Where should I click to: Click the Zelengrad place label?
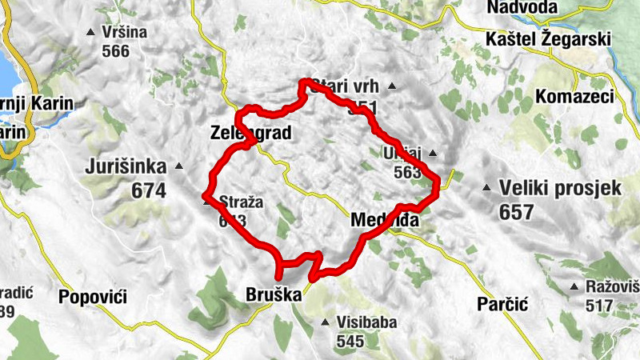[x=248, y=132]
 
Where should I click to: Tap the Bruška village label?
[x=275, y=296]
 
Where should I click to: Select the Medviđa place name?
[x=385, y=218]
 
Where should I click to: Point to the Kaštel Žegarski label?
[x=548, y=39]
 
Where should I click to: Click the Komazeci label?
[x=574, y=97]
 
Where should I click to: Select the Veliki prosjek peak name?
[x=560, y=190]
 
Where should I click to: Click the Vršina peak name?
[x=125, y=33]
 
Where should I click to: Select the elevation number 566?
[x=116, y=51]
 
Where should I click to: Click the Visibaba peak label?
[x=365, y=323]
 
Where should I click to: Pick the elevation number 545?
[x=350, y=342]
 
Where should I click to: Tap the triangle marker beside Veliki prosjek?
[x=486, y=189]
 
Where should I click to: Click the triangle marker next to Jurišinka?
[x=178, y=167]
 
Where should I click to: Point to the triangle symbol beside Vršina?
[x=90, y=33]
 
